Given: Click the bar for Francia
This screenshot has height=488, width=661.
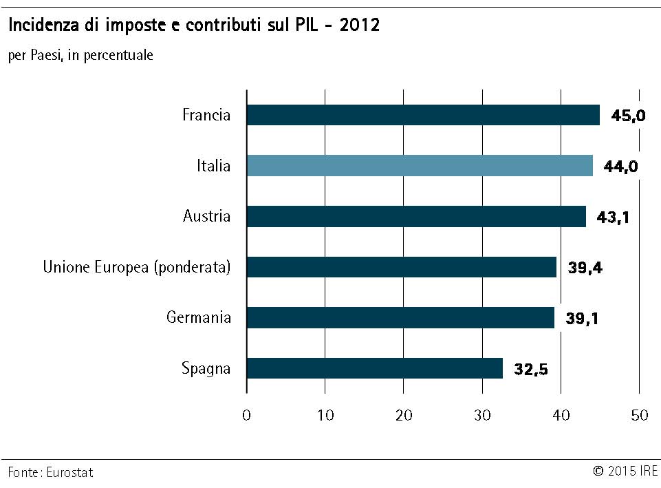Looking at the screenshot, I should [x=423, y=115].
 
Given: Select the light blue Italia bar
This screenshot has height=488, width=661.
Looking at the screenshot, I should [x=420, y=166].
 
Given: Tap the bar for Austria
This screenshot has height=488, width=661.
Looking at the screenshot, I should [x=416, y=217].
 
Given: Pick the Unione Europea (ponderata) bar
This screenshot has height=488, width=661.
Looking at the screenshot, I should [x=402, y=267].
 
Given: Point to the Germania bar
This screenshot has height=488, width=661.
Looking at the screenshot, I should [x=400, y=317].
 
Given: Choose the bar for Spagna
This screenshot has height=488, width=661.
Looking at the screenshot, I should [x=375, y=368].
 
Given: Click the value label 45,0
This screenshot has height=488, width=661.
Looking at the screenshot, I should [x=628, y=116].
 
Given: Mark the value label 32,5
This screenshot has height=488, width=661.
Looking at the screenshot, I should [x=530, y=370].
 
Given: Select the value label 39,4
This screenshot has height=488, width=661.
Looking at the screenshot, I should [x=585, y=268].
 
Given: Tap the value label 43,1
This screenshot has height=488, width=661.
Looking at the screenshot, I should [x=614, y=218].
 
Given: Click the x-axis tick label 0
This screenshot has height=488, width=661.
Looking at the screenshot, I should [x=247, y=415].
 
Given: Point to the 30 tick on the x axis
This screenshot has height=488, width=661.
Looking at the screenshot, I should [x=483, y=415].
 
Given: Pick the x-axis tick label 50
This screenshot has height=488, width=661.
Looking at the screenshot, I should [x=640, y=415].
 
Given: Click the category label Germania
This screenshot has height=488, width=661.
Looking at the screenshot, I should [x=199, y=317].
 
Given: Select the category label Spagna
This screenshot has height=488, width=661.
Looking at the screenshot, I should [x=206, y=369].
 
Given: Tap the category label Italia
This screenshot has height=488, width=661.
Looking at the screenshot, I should [x=213, y=166].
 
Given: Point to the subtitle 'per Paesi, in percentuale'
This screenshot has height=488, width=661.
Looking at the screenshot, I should [x=80, y=56].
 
